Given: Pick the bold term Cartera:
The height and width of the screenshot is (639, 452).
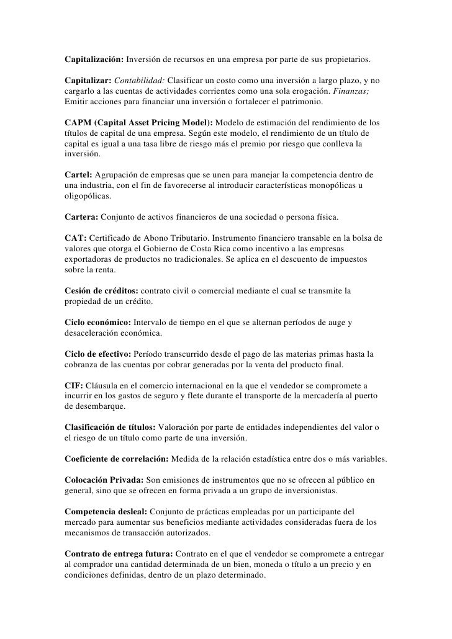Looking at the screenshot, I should [81, 218].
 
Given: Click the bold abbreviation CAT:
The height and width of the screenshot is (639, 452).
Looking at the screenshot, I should [76, 239].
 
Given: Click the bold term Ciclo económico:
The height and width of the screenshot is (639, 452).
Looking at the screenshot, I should [97, 323].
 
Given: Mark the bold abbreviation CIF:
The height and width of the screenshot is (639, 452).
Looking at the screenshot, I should [74, 385].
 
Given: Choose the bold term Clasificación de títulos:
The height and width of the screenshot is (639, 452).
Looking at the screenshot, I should [111, 428].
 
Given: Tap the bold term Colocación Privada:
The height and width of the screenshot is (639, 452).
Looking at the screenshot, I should [104, 480].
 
